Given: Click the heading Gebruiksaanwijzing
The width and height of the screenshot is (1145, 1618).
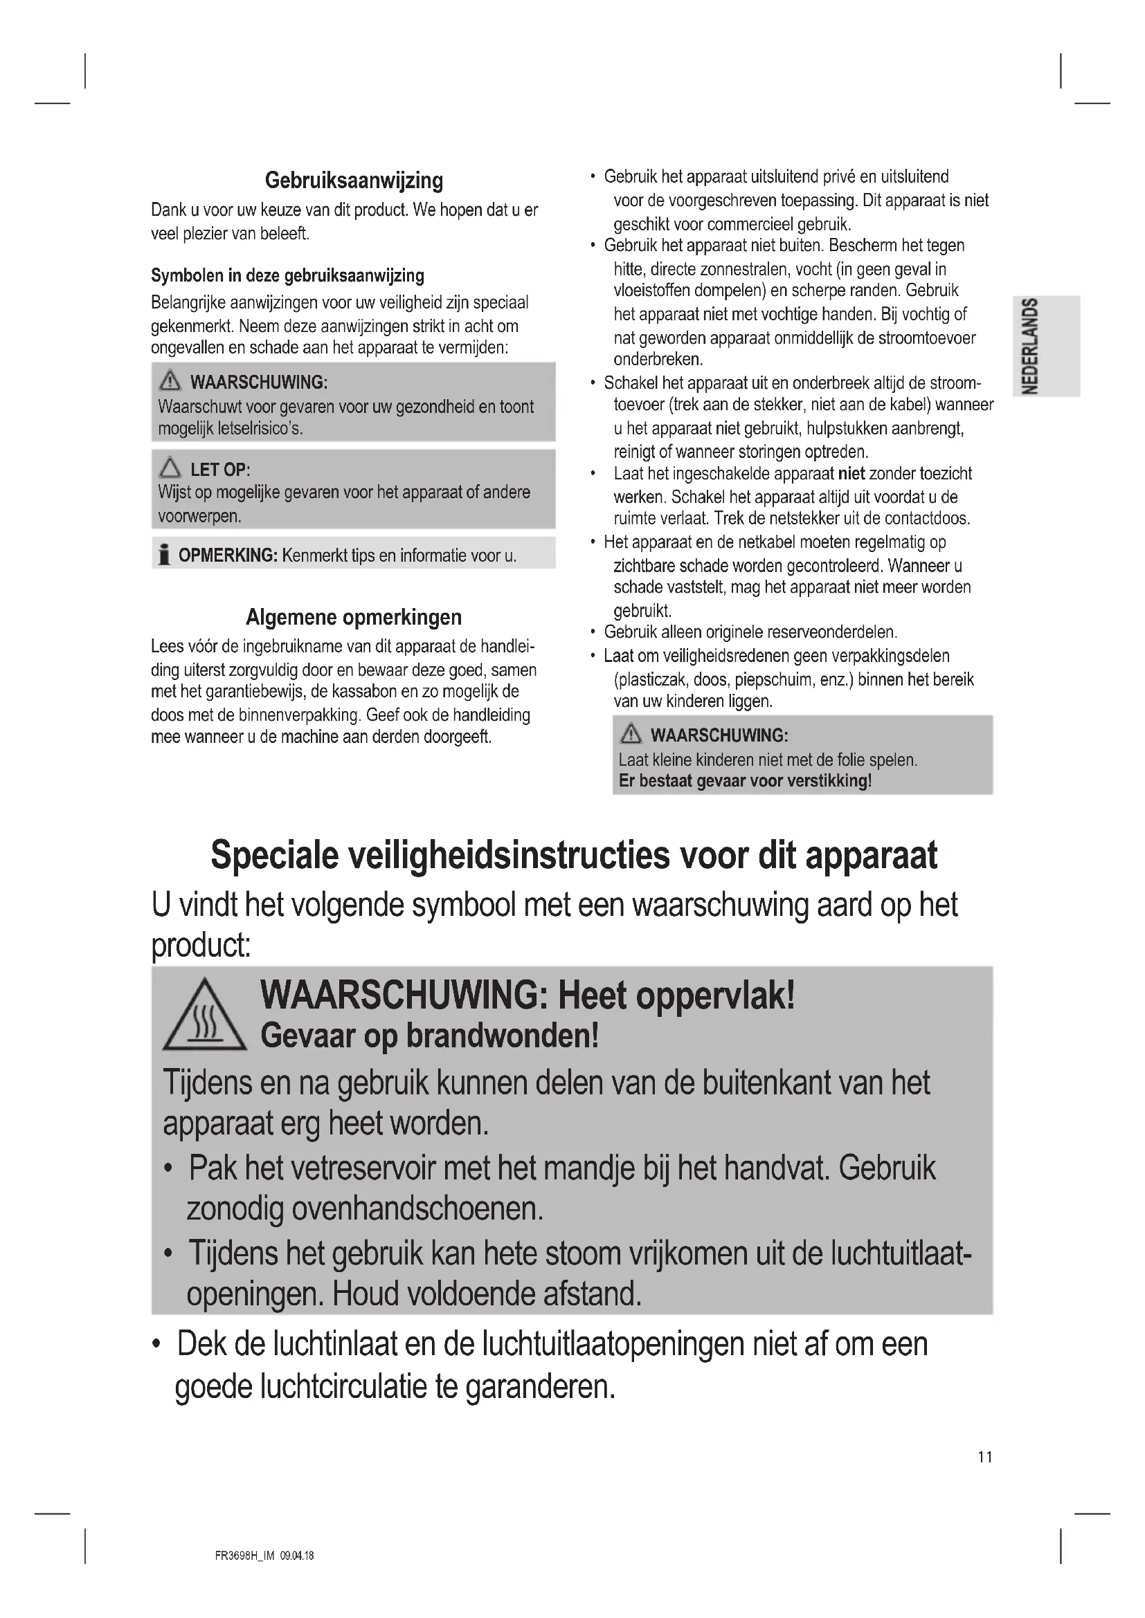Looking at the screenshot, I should pos(354,181).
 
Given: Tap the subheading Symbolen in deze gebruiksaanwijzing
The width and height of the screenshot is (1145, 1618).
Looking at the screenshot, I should pos(288,275).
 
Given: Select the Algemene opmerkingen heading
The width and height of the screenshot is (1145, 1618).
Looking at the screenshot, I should pos(354,617).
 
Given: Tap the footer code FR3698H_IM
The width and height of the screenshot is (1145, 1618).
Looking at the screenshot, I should pos(244,1556).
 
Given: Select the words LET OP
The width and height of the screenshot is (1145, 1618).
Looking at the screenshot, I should pos(219,469).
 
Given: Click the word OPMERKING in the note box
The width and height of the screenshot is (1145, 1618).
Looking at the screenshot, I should pos(227,555).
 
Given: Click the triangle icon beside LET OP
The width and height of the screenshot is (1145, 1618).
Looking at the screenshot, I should pos(170,468).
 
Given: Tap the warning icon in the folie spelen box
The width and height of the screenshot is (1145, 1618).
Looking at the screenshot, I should pos(631,735).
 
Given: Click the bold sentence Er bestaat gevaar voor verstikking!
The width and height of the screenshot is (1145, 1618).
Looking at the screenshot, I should pos(746,781).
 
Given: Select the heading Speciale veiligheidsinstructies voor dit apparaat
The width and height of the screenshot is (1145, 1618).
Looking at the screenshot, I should pos(574,856).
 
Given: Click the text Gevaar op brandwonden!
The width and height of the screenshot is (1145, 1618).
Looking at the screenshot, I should pos(429,1036).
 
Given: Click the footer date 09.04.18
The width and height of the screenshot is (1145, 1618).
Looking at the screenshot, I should pos(297,1556).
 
